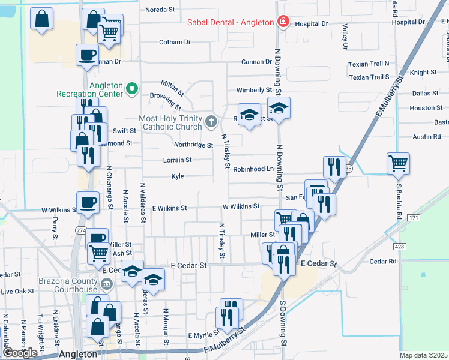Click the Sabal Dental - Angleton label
(x=231, y=22)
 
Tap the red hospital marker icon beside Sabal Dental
(x=282, y=22)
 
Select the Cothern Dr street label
(x=175, y=42)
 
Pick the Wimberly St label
(x=254, y=90)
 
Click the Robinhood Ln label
(x=253, y=169)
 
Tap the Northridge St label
(x=193, y=145)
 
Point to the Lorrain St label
(x=177, y=160)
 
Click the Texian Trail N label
(x=369, y=63)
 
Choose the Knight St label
(x=423, y=73)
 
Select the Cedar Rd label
(x=383, y=261)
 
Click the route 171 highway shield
(x=413, y=217)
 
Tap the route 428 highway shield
(x=399, y=246)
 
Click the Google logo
(x=20, y=352)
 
